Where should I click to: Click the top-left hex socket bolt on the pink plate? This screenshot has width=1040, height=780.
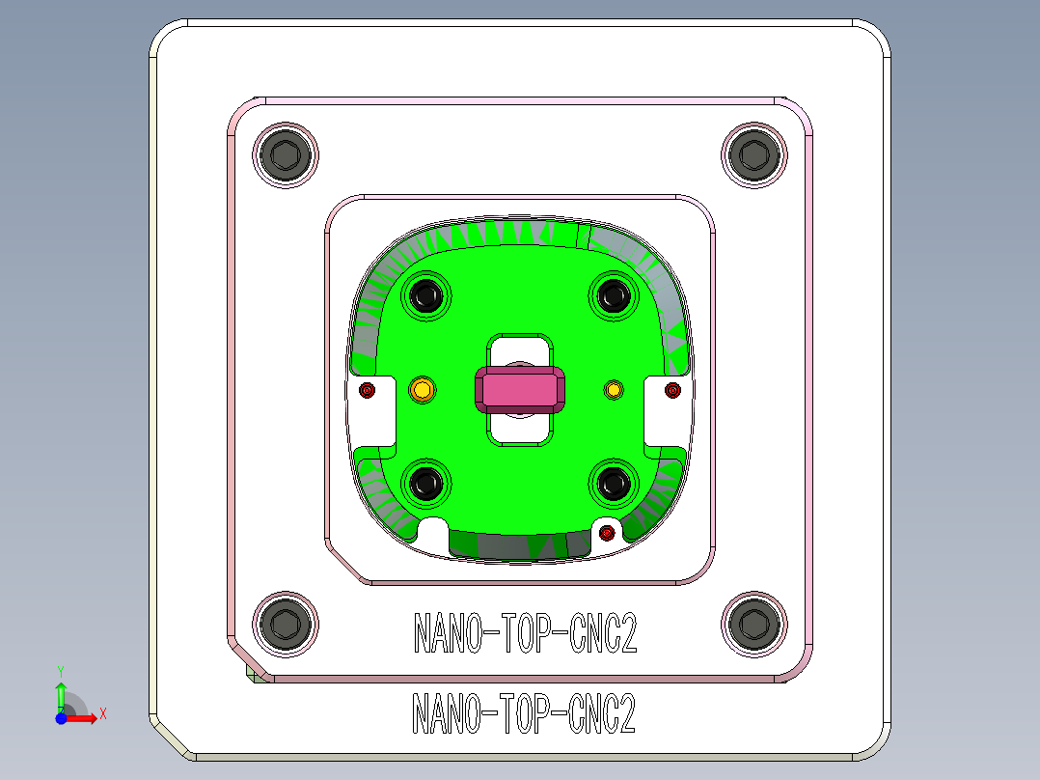pos(286,154)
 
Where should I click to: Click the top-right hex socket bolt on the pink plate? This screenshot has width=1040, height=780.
pos(753,154)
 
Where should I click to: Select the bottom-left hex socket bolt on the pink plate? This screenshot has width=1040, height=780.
pos(286,623)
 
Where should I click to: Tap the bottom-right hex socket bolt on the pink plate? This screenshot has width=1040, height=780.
pos(753,623)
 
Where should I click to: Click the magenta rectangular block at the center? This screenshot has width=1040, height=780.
pos(520,390)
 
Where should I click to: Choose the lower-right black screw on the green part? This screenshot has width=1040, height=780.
pos(612,485)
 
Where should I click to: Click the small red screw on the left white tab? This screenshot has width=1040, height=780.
pos(367,390)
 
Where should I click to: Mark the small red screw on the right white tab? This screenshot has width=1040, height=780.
pos(673,390)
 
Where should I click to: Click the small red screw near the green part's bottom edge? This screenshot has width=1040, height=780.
pos(607,533)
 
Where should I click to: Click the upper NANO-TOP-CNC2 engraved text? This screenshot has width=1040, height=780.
pos(526,634)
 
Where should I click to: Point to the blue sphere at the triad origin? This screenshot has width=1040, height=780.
pos(61,718)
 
